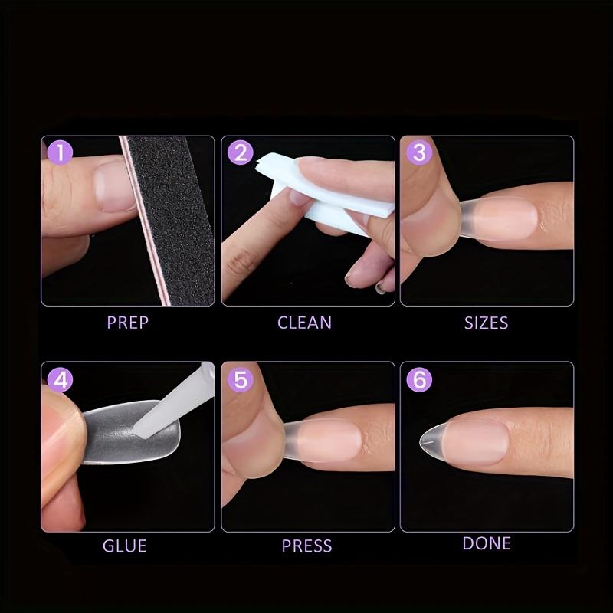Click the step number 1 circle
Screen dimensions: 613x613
pos(60,152)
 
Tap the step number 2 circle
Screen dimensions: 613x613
pos(241,152)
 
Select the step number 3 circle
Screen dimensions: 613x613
pos(419,152)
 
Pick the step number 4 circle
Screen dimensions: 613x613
pos(60,379)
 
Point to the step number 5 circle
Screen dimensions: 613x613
pos(241,379)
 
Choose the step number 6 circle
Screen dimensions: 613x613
pos(419,379)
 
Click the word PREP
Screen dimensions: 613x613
pos(127,322)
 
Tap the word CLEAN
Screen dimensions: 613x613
pos(304,322)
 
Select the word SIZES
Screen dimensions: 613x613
pos(486,322)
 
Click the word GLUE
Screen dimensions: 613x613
pos(124,546)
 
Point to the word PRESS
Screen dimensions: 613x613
pos(306,546)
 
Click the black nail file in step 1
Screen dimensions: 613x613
pos(169,215)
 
